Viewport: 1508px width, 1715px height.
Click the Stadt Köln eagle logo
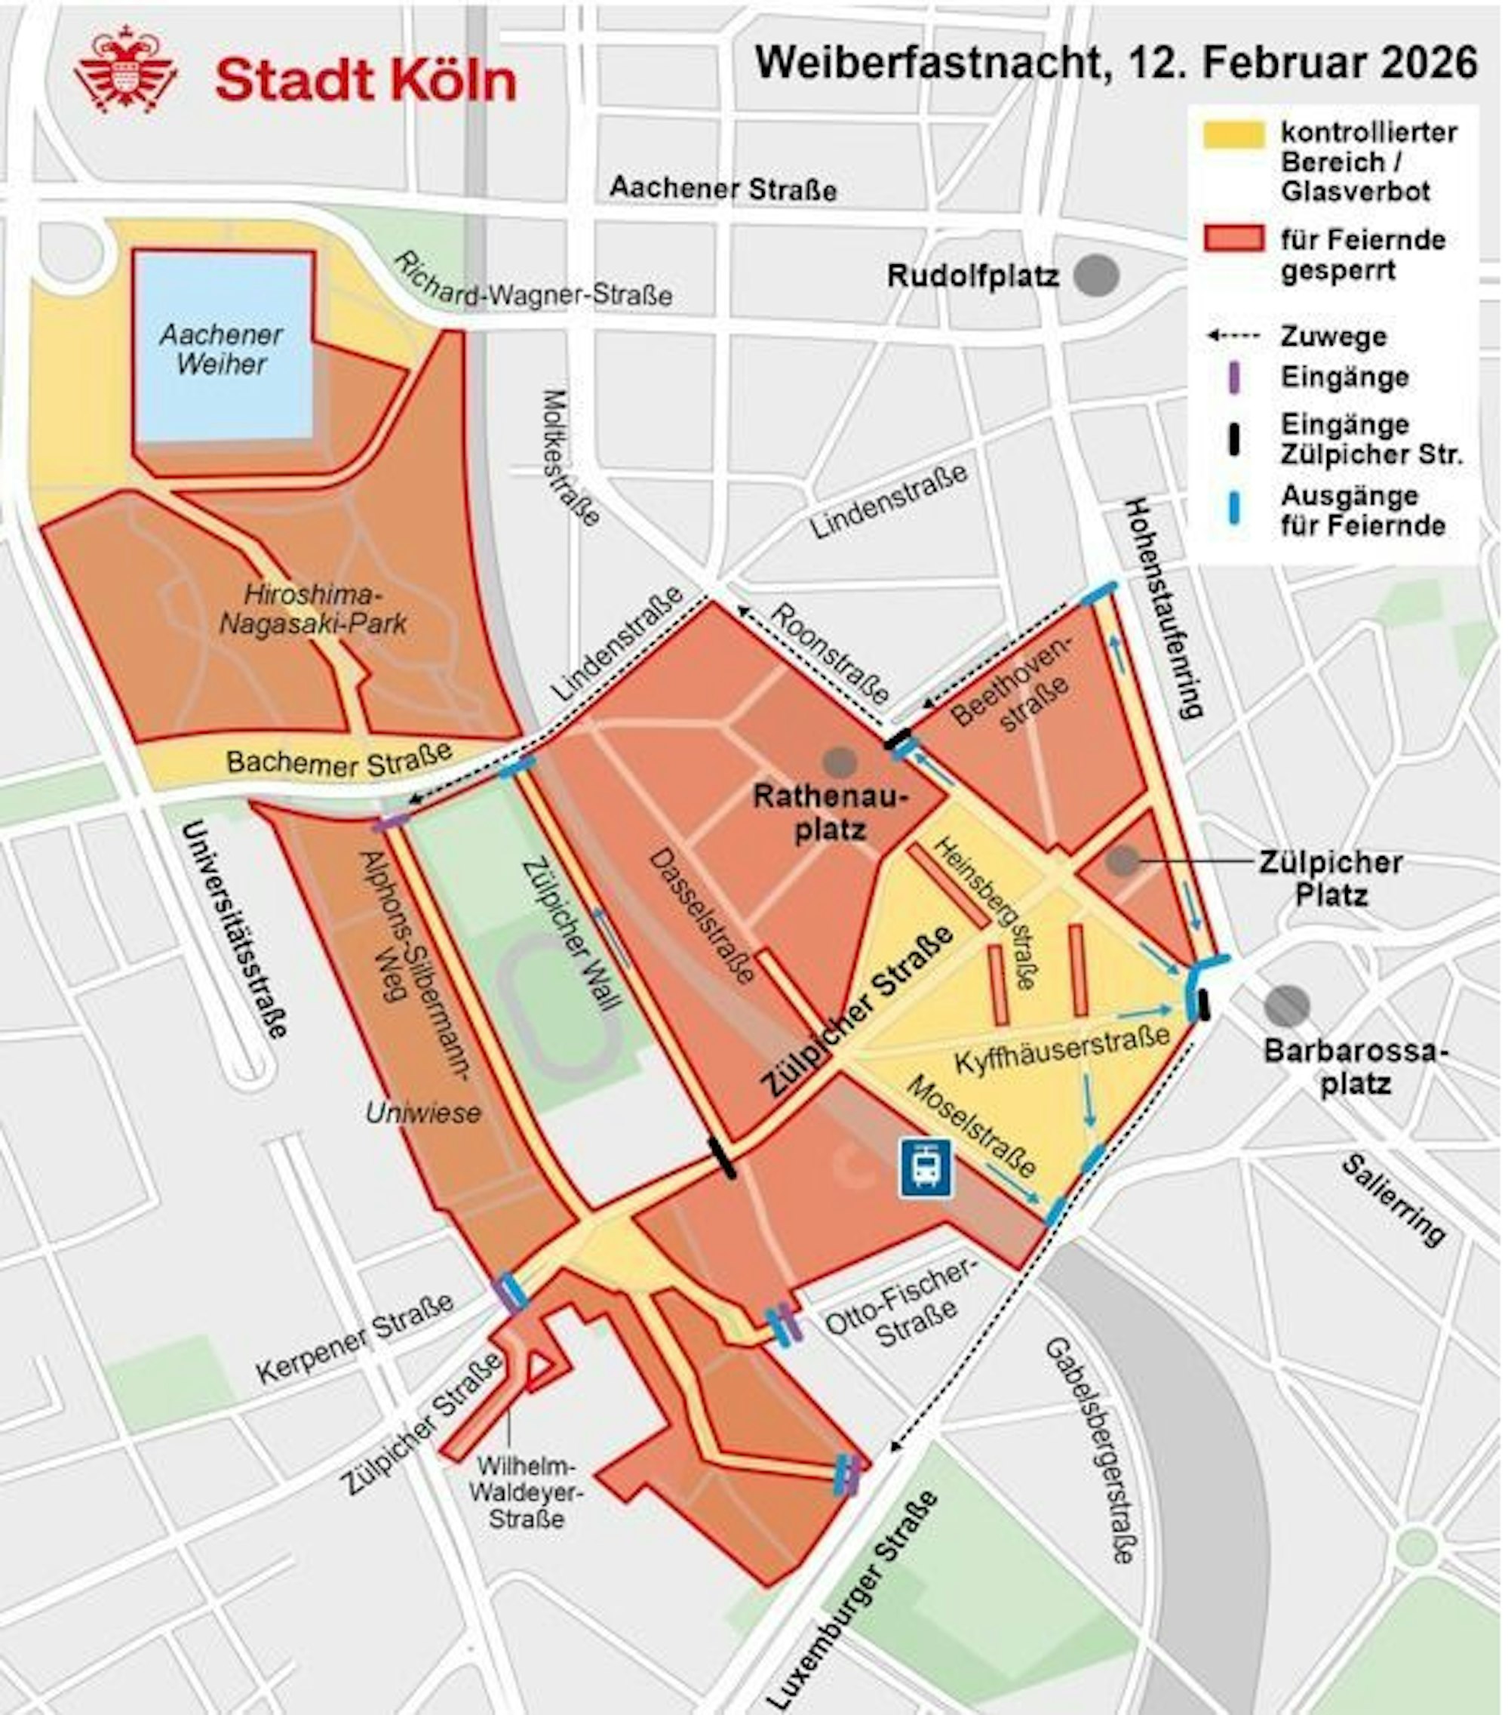[x=126, y=70]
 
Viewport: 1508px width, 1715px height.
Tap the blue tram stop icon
[x=925, y=1166]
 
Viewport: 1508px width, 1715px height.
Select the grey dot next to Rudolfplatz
[x=1096, y=276]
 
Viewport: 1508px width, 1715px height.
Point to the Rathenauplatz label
[x=831, y=812]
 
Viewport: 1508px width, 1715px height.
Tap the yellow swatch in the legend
[x=1233, y=134]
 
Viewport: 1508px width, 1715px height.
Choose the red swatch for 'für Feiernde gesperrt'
[x=1233, y=239]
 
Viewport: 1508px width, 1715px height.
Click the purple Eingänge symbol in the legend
[x=1233, y=377]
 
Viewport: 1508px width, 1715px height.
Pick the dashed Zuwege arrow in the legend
[x=1233, y=337]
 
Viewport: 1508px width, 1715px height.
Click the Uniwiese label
[x=423, y=1113]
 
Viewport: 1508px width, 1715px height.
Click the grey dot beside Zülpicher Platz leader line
[x=1123, y=860]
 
